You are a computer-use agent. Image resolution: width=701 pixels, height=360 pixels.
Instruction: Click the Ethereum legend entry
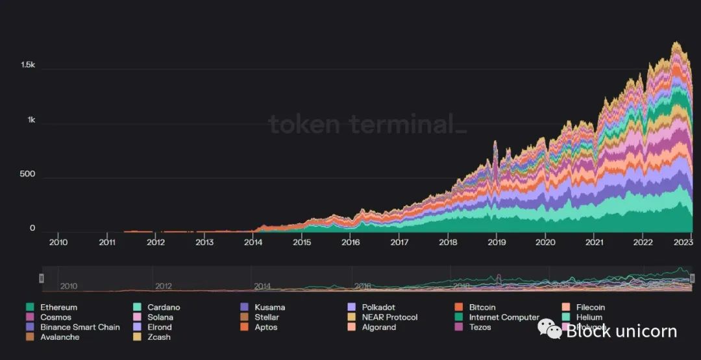point(58,307)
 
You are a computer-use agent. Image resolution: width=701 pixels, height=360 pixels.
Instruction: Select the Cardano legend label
point(164,307)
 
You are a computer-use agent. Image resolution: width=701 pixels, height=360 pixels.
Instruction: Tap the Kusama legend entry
point(269,307)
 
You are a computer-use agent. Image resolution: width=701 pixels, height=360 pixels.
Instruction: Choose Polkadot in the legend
point(378,307)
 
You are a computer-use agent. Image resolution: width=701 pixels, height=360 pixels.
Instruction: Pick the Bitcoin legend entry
point(482,307)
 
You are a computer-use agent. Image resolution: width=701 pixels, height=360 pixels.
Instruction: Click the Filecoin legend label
point(590,307)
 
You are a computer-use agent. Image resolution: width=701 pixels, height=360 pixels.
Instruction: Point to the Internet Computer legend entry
point(504,317)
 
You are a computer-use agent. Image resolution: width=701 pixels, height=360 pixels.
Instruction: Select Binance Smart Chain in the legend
point(80,328)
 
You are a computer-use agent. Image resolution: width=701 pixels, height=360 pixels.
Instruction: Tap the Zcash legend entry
point(159,337)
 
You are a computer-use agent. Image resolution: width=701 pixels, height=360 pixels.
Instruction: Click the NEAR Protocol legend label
point(389,317)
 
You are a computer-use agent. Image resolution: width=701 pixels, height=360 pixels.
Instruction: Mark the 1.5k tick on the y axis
point(27,66)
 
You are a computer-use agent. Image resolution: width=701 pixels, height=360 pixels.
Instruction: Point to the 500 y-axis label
point(27,174)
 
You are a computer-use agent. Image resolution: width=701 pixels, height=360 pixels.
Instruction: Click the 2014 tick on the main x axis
point(253,243)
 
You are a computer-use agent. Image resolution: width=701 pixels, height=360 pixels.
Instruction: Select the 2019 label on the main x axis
point(497,243)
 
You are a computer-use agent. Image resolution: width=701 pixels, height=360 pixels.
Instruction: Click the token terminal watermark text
point(367,124)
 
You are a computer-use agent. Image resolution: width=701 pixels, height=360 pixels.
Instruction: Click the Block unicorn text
point(621,331)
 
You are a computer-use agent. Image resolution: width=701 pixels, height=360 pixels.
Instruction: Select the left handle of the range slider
point(42,278)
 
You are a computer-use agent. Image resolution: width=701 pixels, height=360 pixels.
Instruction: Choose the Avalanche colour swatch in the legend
point(30,337)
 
